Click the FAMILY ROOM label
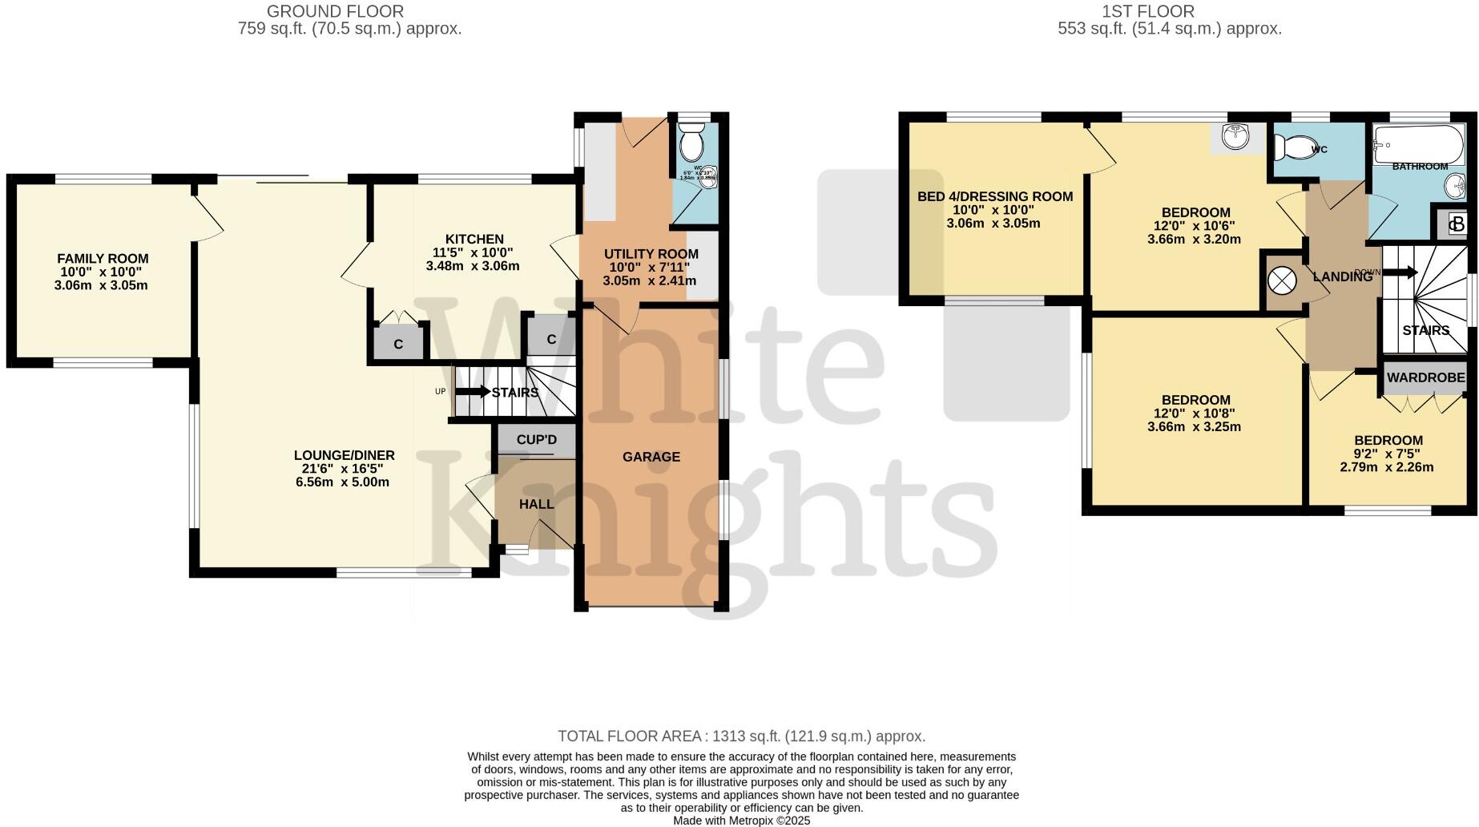pos(103,259)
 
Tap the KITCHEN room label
pos(474,239)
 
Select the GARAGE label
pos(651,457)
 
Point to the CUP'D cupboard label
pos(536,440)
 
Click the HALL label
pos(536,504)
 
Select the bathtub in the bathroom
pos(1419,143)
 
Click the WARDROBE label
pos(1426,377)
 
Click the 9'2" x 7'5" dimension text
pos(1388,454)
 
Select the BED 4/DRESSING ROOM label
pos(994,196)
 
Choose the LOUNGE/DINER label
pos(344,455)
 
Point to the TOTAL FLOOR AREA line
pos(741,736)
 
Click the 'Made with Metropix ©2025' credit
pos(741,821)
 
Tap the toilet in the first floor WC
pos(1292,147)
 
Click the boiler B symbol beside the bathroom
pos(1457,224)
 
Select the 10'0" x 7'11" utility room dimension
pos(650,267)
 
